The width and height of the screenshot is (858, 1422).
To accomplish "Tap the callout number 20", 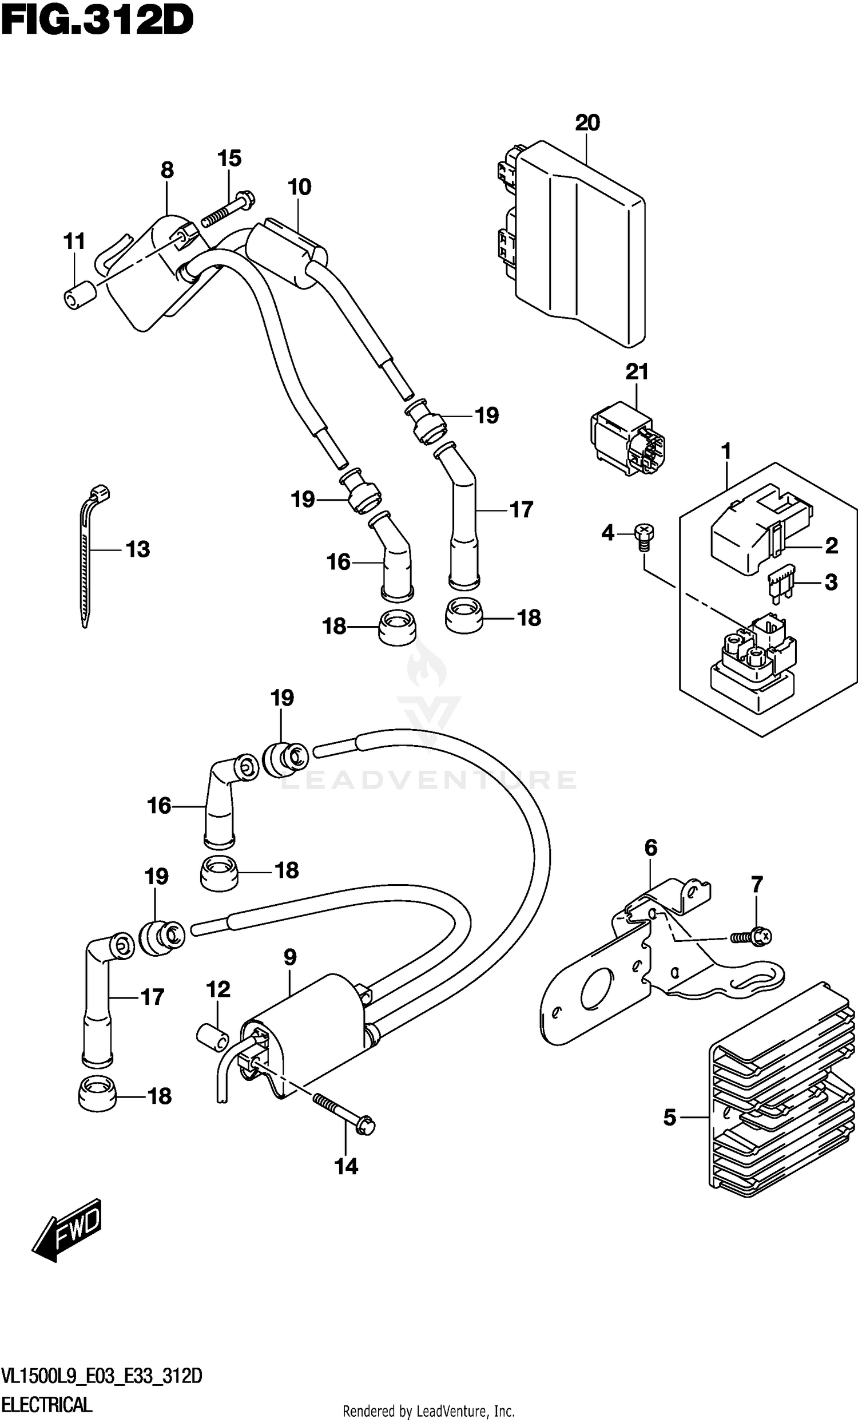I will pos(587,123).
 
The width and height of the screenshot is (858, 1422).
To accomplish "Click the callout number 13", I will pos(138,549).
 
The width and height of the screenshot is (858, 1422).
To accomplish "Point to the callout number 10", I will pos(300,187).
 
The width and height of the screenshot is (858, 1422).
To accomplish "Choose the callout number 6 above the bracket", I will pos(650,847).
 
